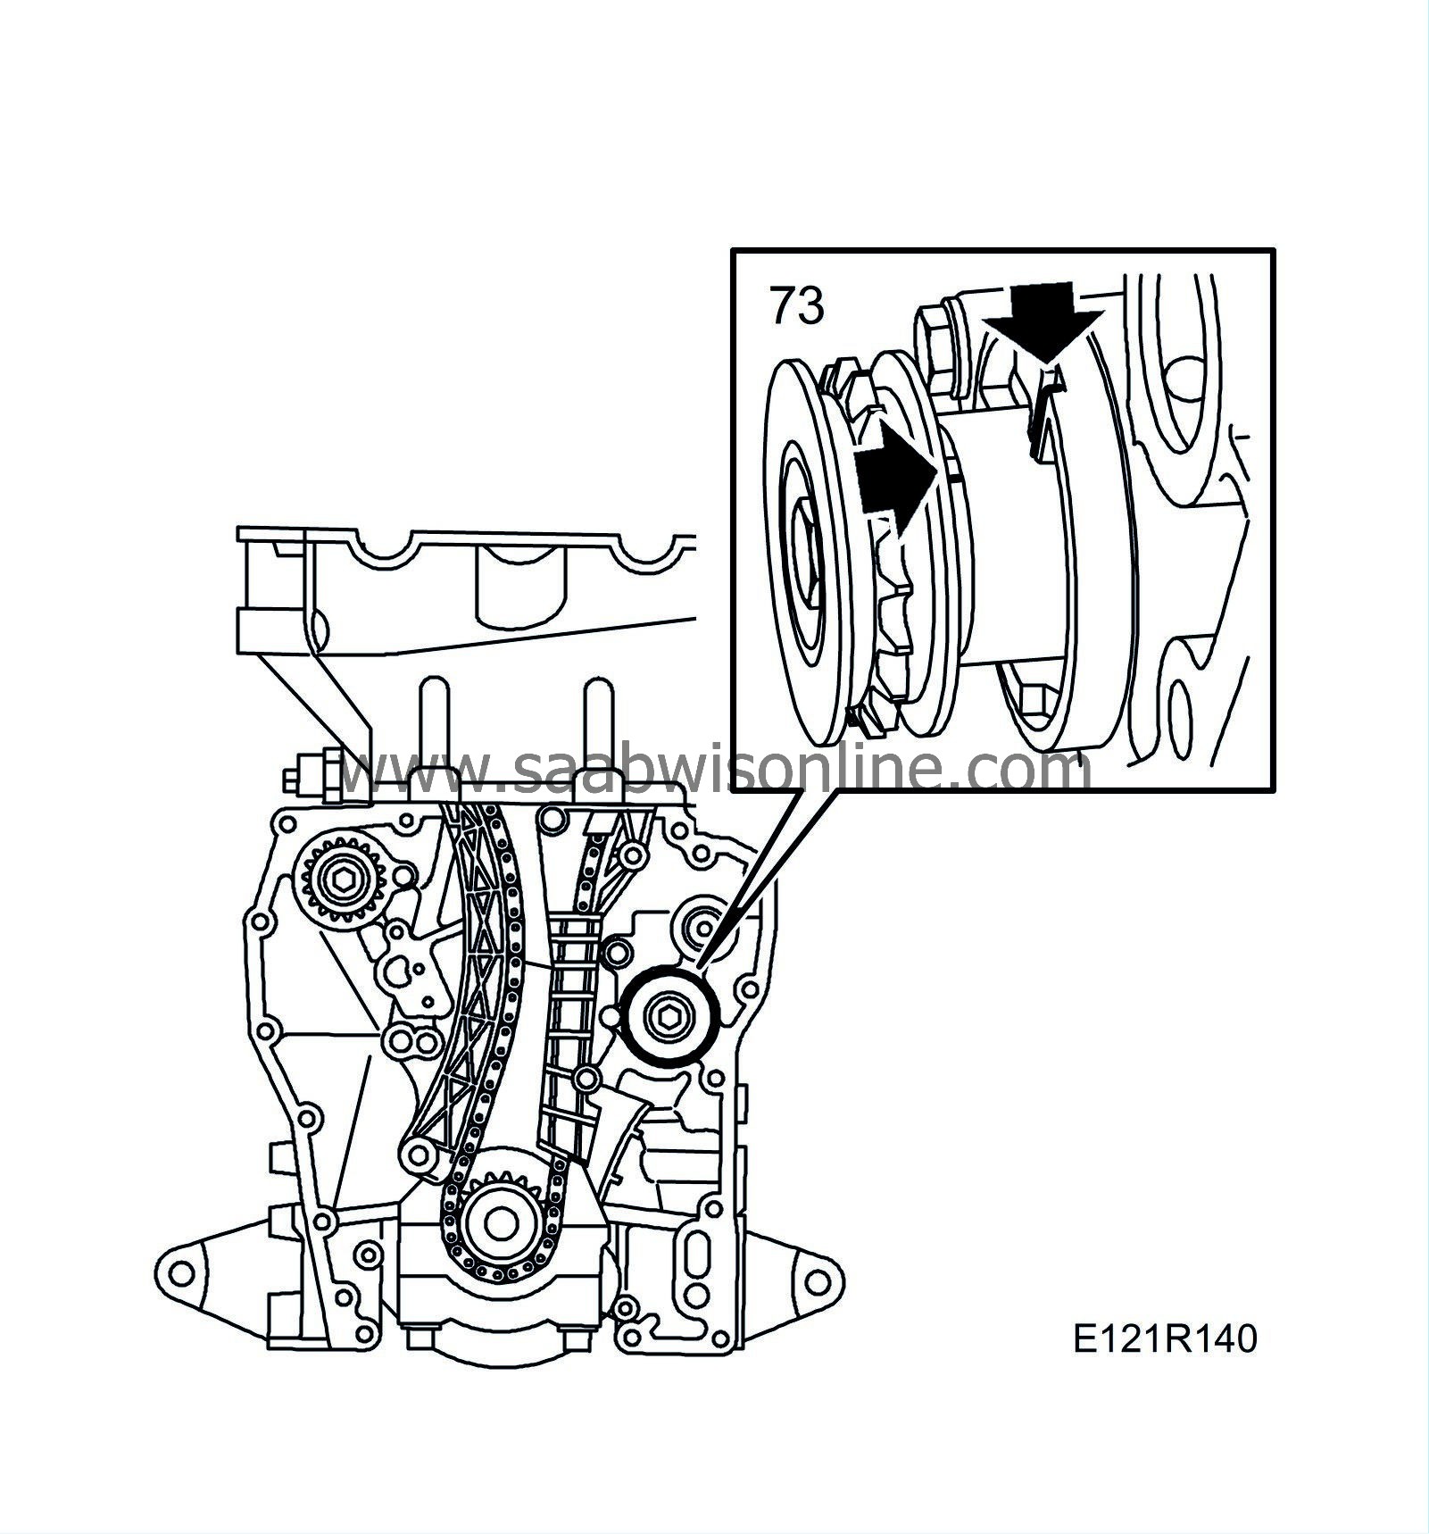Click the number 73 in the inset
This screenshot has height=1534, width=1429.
tap(797, 307)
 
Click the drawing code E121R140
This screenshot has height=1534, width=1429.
tap(1164, 1363)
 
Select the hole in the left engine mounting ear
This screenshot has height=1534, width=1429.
tap(181, 1271)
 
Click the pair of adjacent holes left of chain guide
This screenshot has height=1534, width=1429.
tap(410, 1038)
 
